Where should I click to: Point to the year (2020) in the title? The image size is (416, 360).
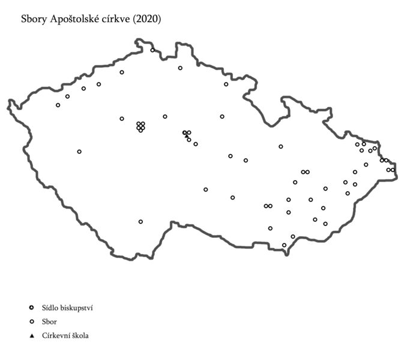[x=148, y=19]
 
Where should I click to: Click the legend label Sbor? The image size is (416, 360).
[x=49, y=322]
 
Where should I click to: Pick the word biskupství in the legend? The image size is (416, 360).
[x=76, y=308]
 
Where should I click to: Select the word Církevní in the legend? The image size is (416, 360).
[x=57, y=336]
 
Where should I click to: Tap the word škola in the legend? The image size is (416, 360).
[x=82, y=336]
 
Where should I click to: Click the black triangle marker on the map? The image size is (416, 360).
[x=187, y=136]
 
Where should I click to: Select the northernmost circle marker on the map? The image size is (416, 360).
[x=152, y=50]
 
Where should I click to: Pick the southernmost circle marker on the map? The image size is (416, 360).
[x=284, y=245]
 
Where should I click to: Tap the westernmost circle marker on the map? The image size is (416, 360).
[x=58, y=105]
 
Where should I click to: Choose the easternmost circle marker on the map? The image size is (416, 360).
[x=393, y=170]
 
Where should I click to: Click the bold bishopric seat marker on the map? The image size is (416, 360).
[x=184, y=132]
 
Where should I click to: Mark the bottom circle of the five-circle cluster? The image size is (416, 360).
[x=140, y=130]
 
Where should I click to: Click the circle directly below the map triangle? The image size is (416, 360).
[x=189, y=140]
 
